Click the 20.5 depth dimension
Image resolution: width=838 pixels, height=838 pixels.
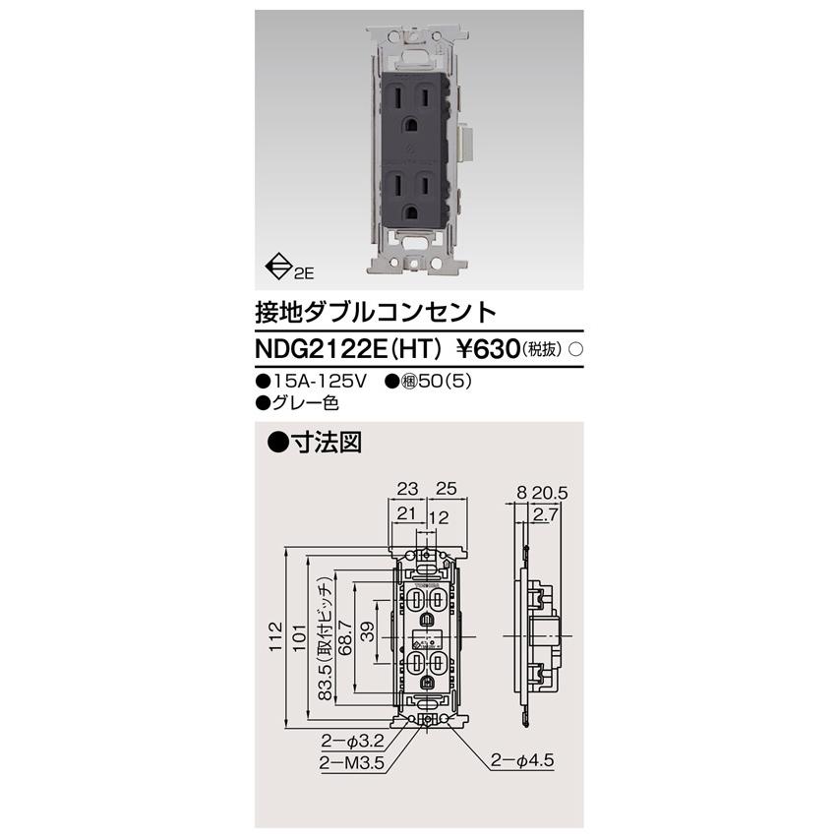pyautogui.click(x=559, y=488)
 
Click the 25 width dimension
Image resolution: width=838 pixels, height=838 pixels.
pyautogui.click(x=446, y=488)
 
